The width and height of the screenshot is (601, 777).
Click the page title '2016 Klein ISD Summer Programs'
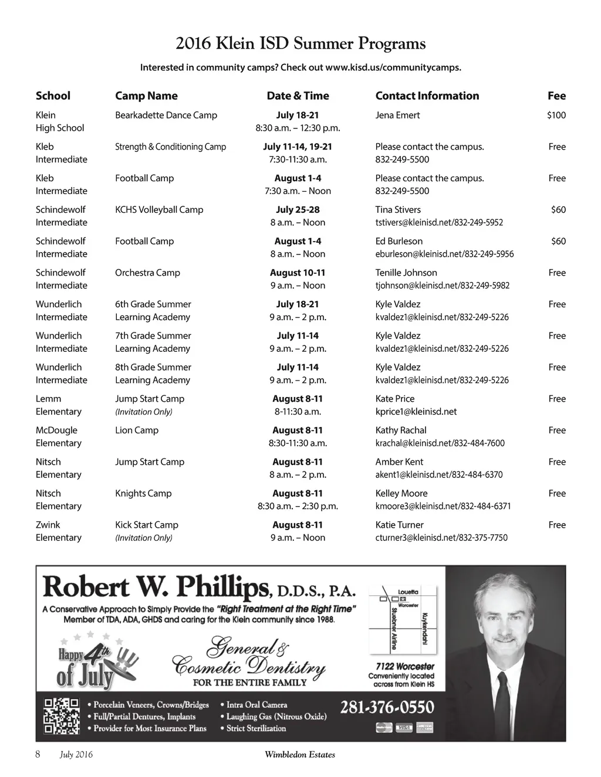[300, 43]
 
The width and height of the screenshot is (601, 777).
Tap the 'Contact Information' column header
[427, 96]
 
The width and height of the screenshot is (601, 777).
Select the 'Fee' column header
[556, 96]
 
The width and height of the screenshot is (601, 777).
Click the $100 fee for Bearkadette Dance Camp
[556, 115]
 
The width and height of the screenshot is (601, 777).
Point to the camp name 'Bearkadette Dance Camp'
[166, 115]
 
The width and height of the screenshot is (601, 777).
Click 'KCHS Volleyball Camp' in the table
[159, 209]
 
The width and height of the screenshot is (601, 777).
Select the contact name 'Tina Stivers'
[398, 209]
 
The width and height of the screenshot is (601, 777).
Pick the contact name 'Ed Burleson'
[399, 241]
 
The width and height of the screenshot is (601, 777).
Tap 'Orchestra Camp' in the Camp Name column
[147, 273]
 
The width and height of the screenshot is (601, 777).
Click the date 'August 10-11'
[298, 273]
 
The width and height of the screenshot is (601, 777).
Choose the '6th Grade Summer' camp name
[153, 304]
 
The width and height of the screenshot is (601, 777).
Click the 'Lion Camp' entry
[137, 430]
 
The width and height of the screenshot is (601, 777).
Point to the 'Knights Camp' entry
[143, 493]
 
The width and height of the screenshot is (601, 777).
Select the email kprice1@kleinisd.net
[416, 412]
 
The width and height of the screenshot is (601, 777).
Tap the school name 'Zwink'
[48, 525]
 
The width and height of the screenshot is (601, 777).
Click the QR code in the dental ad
[62, 715]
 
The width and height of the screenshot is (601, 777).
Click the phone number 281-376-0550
[387, 707]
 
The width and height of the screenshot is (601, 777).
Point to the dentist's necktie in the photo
[503, 704]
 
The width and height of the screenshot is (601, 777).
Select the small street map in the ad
[403, 619]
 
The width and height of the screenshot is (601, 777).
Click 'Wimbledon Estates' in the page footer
[300, 755]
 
